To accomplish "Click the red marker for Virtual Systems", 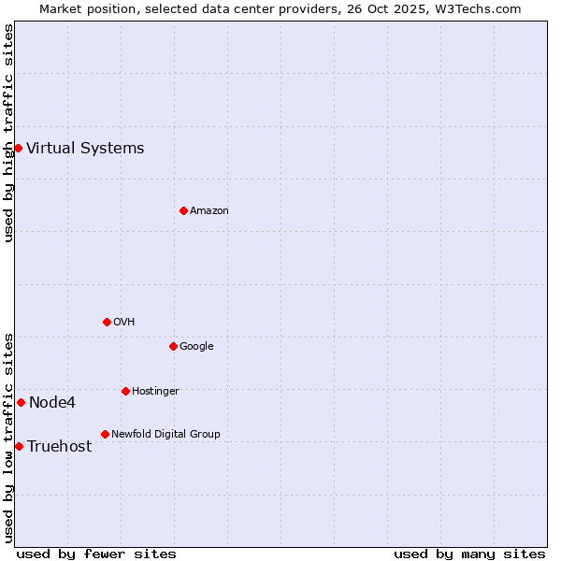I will point(18,148).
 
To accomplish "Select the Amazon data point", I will point(183,210).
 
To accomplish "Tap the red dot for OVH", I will point(107,322).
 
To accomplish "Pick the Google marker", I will point(173,346).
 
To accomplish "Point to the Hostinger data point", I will point(125,391).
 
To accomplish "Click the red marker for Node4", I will point(21,402).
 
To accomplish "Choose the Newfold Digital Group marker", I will point(105,434).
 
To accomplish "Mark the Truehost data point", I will point(19,446).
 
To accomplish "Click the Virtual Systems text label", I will point(85,148).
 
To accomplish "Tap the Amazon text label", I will point(209,210).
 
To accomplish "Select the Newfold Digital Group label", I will point(165,434).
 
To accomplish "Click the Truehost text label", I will point(59,446).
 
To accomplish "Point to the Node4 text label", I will point(52,402).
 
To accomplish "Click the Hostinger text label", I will point(155,391).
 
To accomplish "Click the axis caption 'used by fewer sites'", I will point(96,554).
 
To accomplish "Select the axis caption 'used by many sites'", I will point(469,554).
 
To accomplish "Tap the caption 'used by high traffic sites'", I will point(8,133).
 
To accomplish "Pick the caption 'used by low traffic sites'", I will point(8,438).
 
